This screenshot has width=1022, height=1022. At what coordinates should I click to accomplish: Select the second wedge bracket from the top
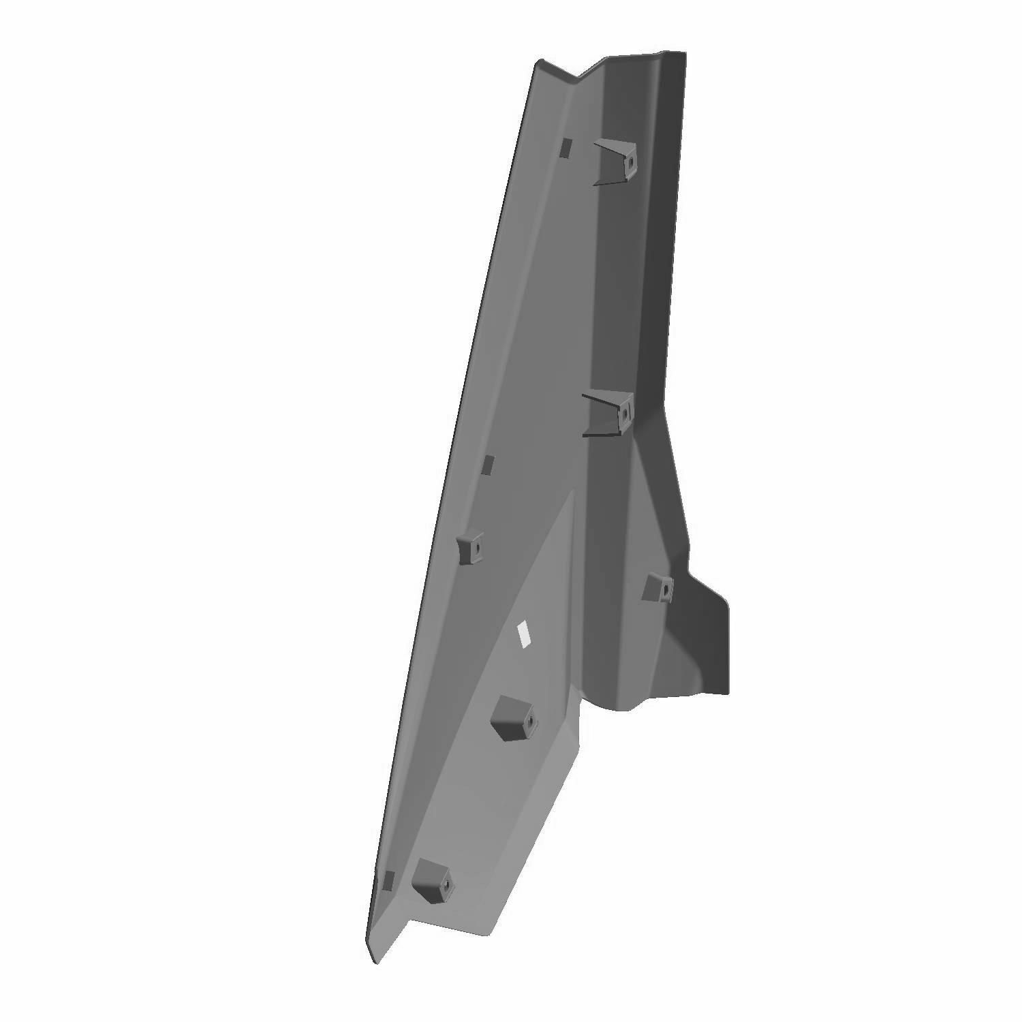tap(608, 413)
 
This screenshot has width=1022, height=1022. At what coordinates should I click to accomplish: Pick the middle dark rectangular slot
tap(487, 464)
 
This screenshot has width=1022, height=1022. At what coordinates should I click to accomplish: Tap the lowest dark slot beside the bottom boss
tap(388, 880)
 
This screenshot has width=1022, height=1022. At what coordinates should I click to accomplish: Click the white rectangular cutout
tap(525, 633)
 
